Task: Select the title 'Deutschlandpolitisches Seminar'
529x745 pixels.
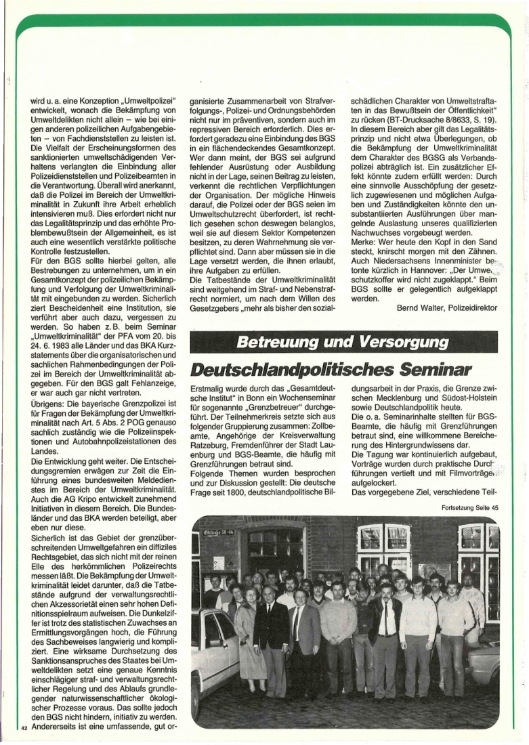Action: [331, 370]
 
